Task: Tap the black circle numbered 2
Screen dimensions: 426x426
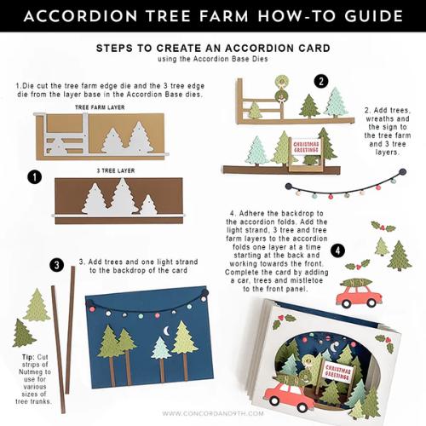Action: [321, 81]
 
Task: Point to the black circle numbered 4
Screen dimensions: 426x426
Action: [338, 250]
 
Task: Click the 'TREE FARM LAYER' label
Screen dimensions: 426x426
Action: [100, 108]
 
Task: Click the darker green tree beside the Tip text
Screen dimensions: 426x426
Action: [23, 333]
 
